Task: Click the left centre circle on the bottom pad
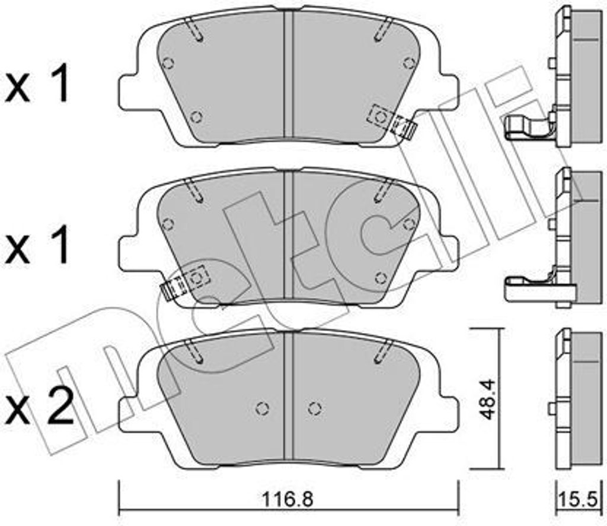point(263,408)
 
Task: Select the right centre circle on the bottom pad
point(315,408)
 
